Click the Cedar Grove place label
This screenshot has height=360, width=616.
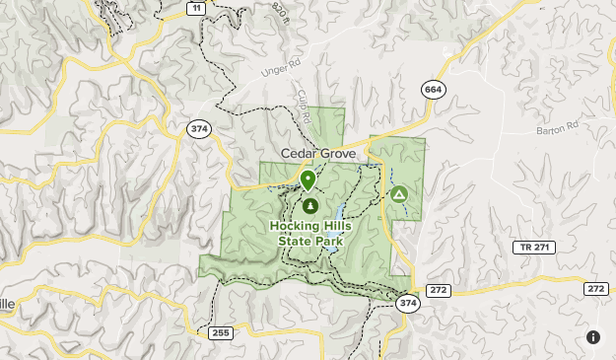(x=320, y=154)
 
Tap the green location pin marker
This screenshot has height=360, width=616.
(x=308, y=180)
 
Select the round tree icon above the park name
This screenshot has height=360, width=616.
(x=309, y=206)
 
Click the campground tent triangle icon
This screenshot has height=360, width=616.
(x=398, y=193)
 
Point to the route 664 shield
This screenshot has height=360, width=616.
(x=432, y=90)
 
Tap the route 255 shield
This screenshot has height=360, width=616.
(x=221, y=333)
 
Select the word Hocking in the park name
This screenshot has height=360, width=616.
(x=294, y=225)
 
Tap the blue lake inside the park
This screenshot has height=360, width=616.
(x=334, y=216)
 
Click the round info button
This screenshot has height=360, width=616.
(x=593, y=337)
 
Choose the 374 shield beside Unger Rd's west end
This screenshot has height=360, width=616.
(x=201, y=129)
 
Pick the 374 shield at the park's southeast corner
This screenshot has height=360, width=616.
(x=408, y=304)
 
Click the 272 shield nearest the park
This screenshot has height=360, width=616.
(x=439, y=290)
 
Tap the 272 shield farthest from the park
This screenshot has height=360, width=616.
(x=595, y=288)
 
